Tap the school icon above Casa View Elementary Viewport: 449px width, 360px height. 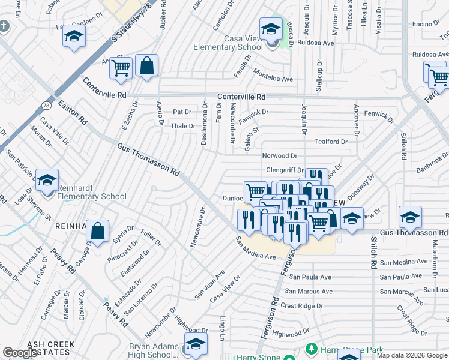click(271, 28)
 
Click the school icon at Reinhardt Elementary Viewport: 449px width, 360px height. click(47, 181)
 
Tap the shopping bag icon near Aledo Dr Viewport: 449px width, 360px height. click(146, 67)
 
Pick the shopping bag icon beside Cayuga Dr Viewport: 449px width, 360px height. click(97, 231)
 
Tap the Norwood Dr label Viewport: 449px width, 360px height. click(280, 156)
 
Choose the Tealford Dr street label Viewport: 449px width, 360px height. click(331, 142)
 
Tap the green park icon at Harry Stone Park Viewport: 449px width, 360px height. click(311, 348)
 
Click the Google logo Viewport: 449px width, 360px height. click(20, 353)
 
